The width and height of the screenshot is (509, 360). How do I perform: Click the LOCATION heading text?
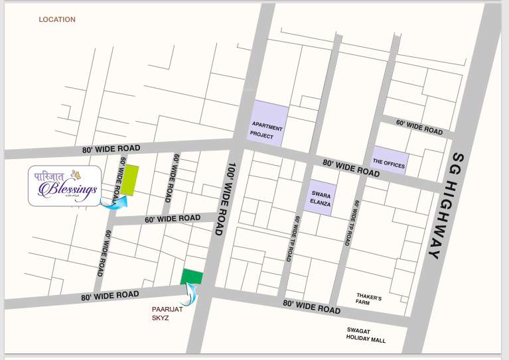pos(57,20)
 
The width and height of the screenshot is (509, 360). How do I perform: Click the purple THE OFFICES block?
pos(388,161)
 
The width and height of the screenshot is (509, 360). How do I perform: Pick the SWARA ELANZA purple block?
pos(321,198)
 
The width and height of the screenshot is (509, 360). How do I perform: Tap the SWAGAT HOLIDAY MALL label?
pos(366,335)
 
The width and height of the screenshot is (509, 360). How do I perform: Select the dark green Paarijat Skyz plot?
pos(192,276)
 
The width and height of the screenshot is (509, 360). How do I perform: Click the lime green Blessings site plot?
pos(129,180)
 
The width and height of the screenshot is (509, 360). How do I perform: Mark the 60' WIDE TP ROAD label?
pos(351,223)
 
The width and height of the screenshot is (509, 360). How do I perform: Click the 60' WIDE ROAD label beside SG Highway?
pos(419,127)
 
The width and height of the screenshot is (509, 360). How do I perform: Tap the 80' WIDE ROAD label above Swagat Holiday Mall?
pos(311,306)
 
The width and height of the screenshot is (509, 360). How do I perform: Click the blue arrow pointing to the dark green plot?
pos(192,293)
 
